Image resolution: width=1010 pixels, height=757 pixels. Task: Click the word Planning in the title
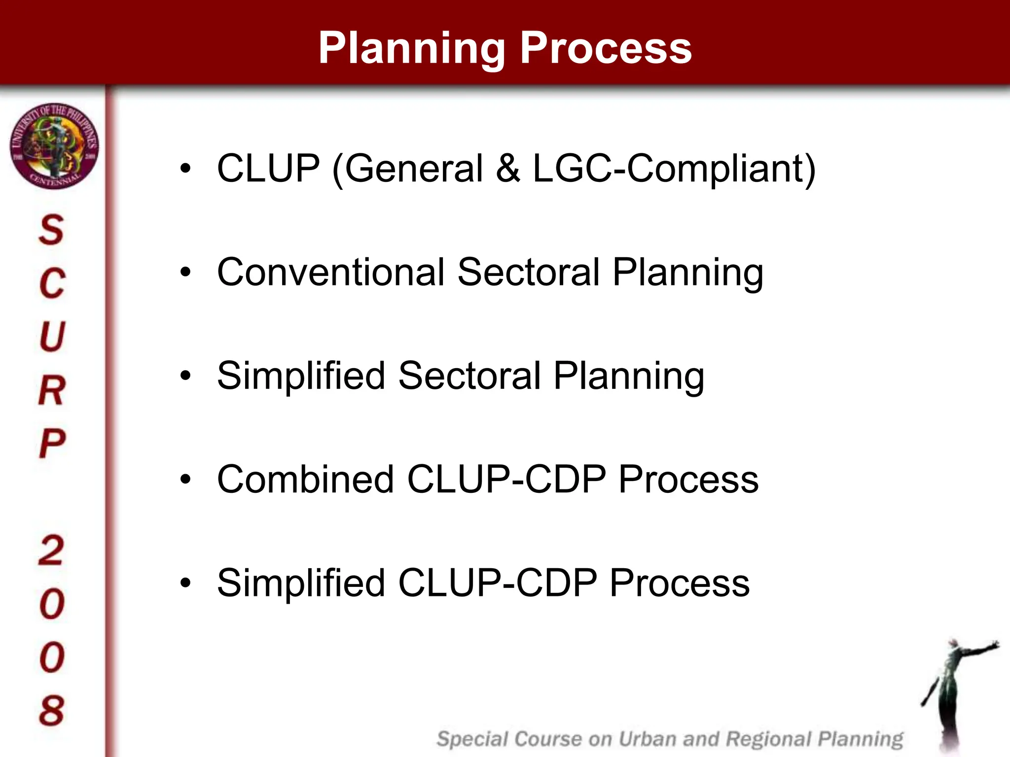coord(412,48)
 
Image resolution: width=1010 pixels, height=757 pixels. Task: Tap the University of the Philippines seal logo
coord(54,146)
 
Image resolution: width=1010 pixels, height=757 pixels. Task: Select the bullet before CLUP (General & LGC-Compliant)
coord(185,169)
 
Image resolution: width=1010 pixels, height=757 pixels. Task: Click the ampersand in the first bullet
coord(507,169)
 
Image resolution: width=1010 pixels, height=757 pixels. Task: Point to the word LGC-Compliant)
coord(674,169)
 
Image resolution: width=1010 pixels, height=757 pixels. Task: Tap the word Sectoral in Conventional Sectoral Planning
coord(528,272)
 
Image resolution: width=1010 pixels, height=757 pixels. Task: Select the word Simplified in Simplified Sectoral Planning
coord(301,376)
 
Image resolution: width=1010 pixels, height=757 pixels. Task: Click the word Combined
coord(305,479)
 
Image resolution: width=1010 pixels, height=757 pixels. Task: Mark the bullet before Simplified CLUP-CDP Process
coord(185,584)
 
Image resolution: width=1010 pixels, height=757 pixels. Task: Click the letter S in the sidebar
coord(51,230)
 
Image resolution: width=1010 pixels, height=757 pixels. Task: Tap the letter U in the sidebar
coord(52,337)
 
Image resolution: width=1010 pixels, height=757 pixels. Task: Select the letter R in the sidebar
coord(51,390)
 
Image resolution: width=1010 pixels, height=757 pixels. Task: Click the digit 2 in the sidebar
coord(51,551)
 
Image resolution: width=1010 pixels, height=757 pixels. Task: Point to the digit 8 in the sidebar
coord(52,710)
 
